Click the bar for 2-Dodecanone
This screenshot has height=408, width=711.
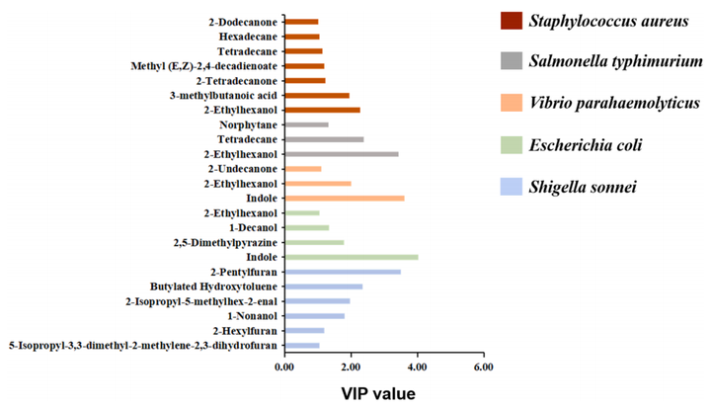click(301, 22)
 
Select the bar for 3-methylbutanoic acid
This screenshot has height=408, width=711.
click(317, 96)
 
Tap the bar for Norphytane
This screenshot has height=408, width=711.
click(306, 124)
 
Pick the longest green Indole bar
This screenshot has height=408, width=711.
click(351, 257)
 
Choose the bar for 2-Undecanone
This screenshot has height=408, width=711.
click(302, 169)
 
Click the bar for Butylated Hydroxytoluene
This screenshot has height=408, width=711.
click(323, 286)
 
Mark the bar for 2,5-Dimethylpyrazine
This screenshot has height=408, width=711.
click(314, 242)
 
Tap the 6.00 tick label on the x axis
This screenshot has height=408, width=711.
click(483, 367)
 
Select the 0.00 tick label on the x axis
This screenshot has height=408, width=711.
click(284, 367)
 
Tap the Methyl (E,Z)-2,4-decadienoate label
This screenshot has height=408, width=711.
click(204, 66)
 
